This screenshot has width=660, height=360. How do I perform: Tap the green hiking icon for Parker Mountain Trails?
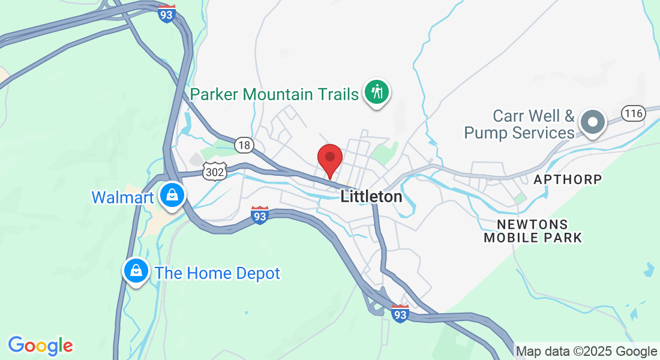[377, 92]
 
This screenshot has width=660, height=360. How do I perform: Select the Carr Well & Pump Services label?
[520, 124]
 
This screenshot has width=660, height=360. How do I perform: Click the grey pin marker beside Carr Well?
[593, 122]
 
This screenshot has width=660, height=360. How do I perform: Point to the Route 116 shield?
[633, 113]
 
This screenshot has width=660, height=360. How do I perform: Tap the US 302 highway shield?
[214, 172]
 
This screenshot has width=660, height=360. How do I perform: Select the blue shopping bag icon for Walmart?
[172, 196]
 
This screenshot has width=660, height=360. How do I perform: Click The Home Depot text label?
[217, 274]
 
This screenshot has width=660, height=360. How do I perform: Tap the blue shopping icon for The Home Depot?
[136, 271]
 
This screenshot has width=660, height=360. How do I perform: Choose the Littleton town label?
[371, 196]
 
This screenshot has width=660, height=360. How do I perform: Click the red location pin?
[329, 159]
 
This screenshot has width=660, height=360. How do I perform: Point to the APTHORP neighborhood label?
[568, 179]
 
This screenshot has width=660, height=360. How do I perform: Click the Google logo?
[41, 345]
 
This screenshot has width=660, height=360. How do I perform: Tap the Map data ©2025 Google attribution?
[587, 351]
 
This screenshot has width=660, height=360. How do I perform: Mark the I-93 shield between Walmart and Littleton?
[259, 215]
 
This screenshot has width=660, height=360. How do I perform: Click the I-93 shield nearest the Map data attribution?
[400, 313]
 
